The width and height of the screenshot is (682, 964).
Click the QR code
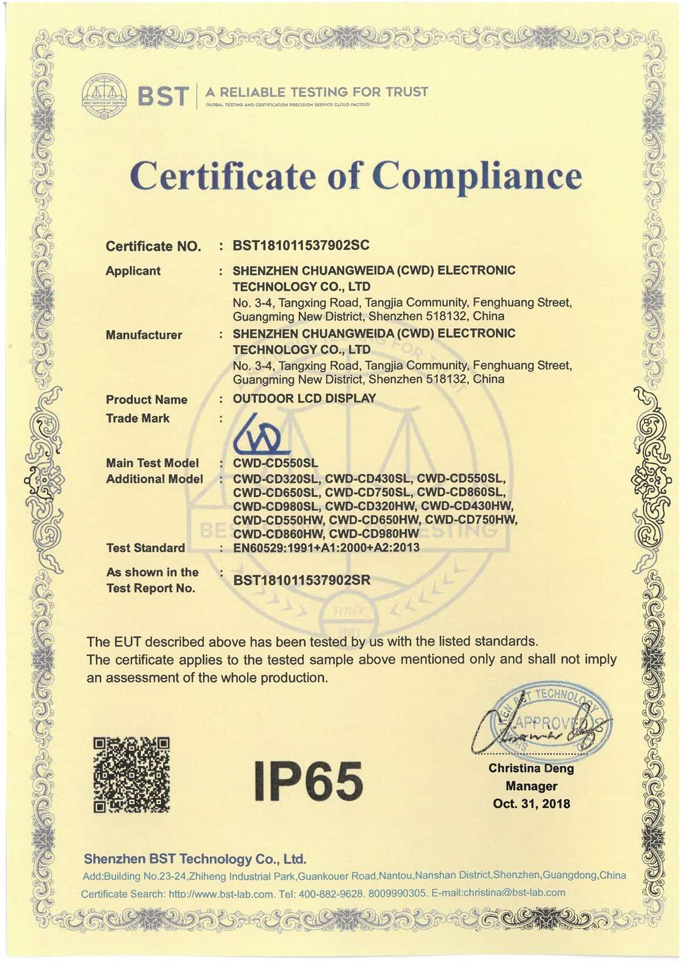pos(131,774)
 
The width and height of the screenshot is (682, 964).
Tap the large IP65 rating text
pos(309,780)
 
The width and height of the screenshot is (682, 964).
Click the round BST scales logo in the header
pos(104,96)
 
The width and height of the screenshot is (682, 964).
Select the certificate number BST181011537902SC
pos(301,246)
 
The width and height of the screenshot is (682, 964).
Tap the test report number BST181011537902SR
pos(302,580)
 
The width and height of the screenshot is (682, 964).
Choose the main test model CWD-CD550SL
pos(276,463)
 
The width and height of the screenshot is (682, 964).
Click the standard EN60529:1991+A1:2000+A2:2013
pos(326,547)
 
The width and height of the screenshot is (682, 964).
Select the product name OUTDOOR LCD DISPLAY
pos(305,398)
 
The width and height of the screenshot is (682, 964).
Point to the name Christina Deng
pos(531,768)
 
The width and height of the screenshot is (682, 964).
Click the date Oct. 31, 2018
pos(531,804)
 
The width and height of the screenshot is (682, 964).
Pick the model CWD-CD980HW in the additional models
pos(374,534)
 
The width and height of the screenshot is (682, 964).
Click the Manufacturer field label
pos(144,335)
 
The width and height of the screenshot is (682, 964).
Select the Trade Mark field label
pos(138,418)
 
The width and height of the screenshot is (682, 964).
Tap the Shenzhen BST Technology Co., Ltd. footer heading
pos(195,859)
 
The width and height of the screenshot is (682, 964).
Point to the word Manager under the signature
pos(531,786)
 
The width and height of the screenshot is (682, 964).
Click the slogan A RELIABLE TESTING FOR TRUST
pos(317,92)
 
